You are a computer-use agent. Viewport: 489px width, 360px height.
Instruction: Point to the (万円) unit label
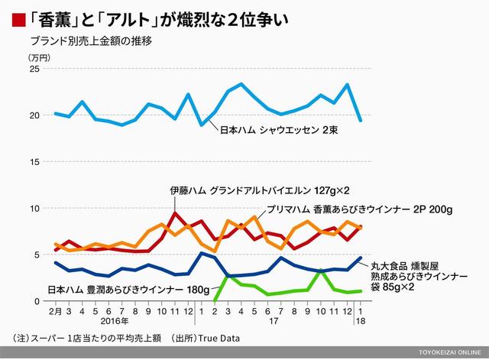39,57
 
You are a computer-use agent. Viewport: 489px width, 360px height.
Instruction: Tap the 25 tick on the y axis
34,70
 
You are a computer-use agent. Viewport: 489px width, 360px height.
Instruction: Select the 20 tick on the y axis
34,115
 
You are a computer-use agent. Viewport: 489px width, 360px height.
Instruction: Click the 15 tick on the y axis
34,162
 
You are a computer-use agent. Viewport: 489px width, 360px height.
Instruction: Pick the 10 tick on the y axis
34,208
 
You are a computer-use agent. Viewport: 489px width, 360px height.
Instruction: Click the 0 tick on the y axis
37,300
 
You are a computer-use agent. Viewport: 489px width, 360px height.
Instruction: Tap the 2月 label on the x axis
55,312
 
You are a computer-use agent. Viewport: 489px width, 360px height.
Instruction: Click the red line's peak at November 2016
176,213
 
